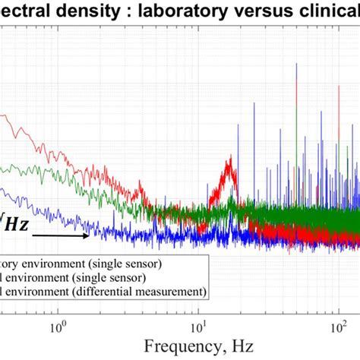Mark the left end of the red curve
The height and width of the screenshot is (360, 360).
tap(2, 116)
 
